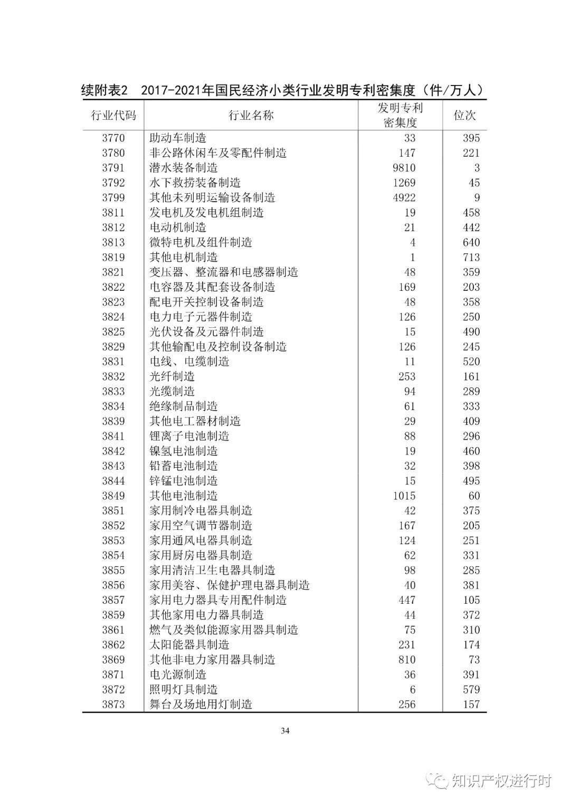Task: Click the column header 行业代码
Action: pos(113,115)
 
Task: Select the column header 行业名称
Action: pos(251,115)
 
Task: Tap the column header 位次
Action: pos(464,115)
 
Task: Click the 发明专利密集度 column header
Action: pos(400,115)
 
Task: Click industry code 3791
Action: pos(113,168)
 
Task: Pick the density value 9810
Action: pos(404,168)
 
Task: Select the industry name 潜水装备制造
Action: pos(183,168)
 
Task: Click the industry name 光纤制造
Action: pos(172,376)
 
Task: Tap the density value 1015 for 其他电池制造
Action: pos(404,496)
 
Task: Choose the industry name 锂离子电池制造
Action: pos(189,436)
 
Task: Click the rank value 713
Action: pos(471,258)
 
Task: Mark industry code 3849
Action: pos(113,496)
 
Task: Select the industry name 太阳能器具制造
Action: pos(189,644)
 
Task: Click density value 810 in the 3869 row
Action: pos(407,660)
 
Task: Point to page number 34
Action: pos(285,731)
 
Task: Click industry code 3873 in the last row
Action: pos(113,704)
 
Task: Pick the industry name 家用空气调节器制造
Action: pos(201,526)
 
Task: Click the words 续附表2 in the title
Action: pos(104,90)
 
